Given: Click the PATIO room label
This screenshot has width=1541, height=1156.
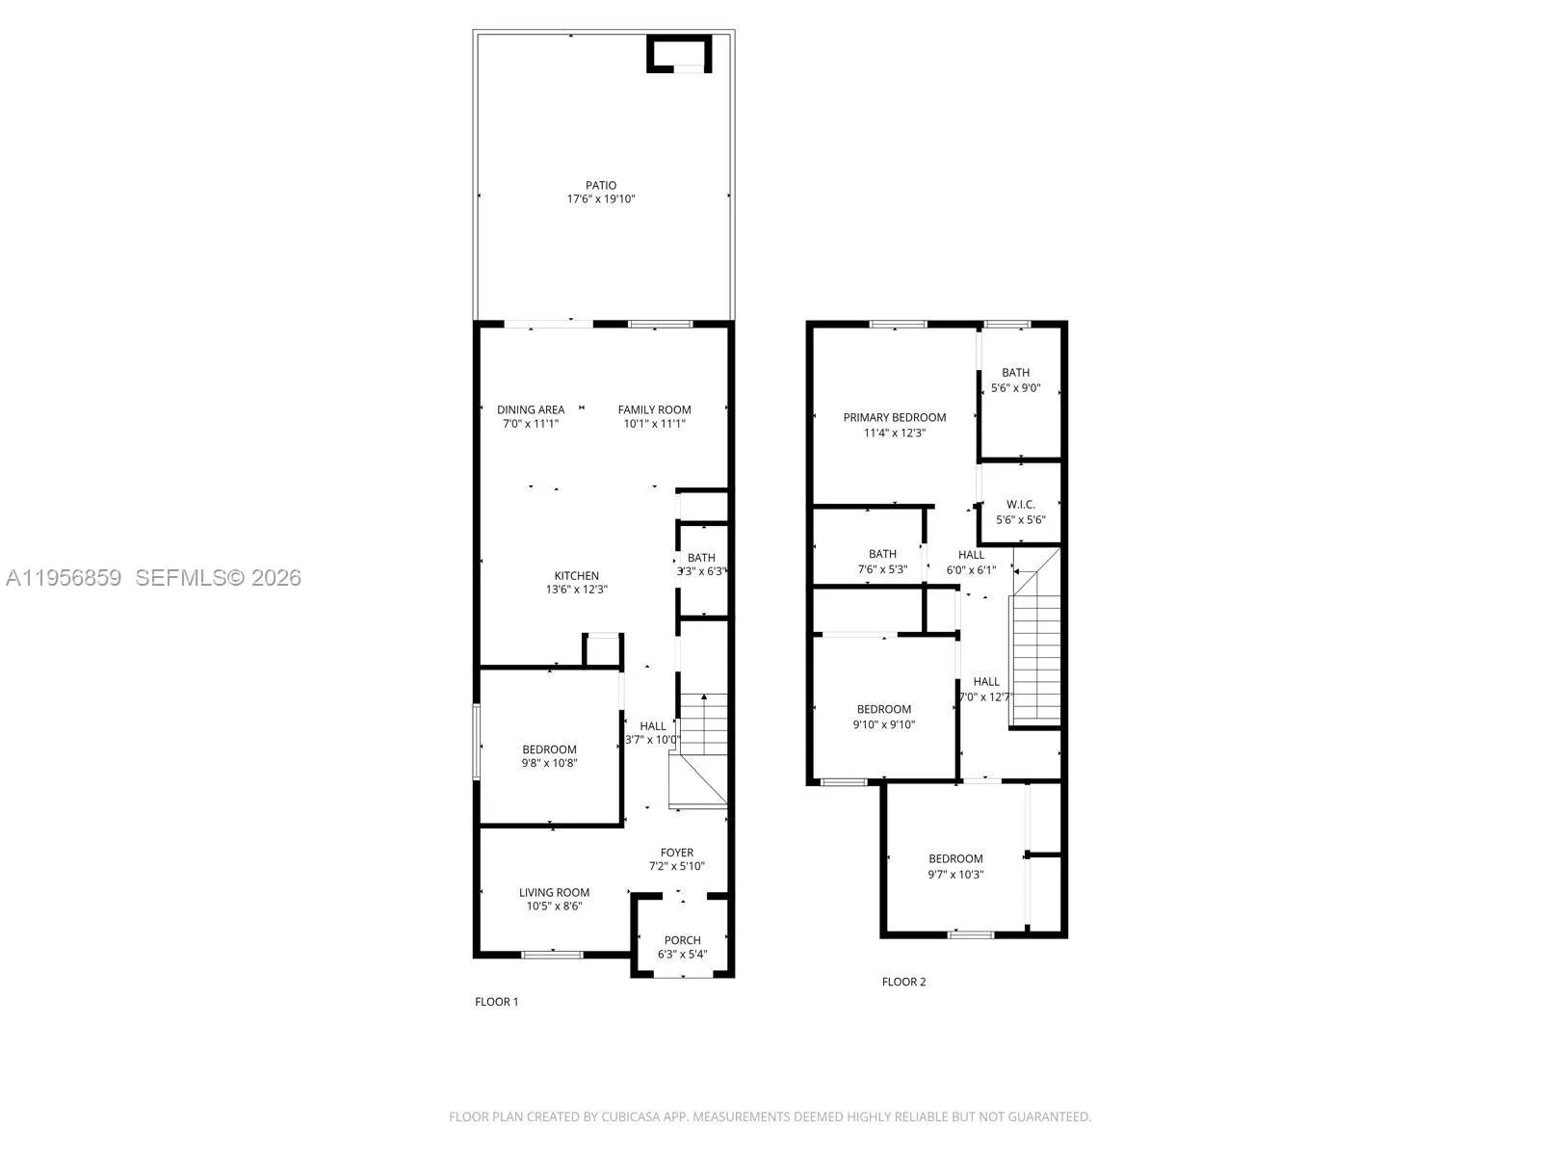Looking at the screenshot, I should click(601, 185).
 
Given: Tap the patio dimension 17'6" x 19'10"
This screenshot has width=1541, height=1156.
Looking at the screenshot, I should click(601, 199).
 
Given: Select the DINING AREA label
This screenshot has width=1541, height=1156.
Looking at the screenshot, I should click(531, 409).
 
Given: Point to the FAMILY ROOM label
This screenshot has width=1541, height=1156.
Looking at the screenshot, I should click(654, 409).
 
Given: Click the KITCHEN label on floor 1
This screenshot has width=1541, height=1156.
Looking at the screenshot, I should click(576, 576).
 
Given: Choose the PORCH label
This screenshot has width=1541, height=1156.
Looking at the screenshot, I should click(682, 940).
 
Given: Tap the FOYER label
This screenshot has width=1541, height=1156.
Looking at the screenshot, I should click(676, 853).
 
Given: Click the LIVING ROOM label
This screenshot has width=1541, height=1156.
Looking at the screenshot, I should click(554, 892).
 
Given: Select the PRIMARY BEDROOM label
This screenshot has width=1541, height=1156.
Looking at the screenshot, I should click(894, 417).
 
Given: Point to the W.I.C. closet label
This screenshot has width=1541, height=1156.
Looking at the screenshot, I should click(1020, 505).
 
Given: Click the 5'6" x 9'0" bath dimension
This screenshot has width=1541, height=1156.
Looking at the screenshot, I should click(1015, 388).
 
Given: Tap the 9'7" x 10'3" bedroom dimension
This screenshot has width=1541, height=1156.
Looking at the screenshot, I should click(955, 875).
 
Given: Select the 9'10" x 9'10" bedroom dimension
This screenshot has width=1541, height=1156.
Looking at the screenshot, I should click(883, 724).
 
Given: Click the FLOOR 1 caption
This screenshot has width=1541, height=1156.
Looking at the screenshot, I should click(496, 1002).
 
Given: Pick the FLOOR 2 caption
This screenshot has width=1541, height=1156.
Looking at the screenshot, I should click(903, 982).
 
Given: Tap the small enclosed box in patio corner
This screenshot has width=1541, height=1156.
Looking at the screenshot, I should click(679, 54).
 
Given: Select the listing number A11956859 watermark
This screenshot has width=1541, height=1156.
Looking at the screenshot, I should click(64, 578).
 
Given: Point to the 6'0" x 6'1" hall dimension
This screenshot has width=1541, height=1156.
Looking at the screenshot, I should click(971, 569).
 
